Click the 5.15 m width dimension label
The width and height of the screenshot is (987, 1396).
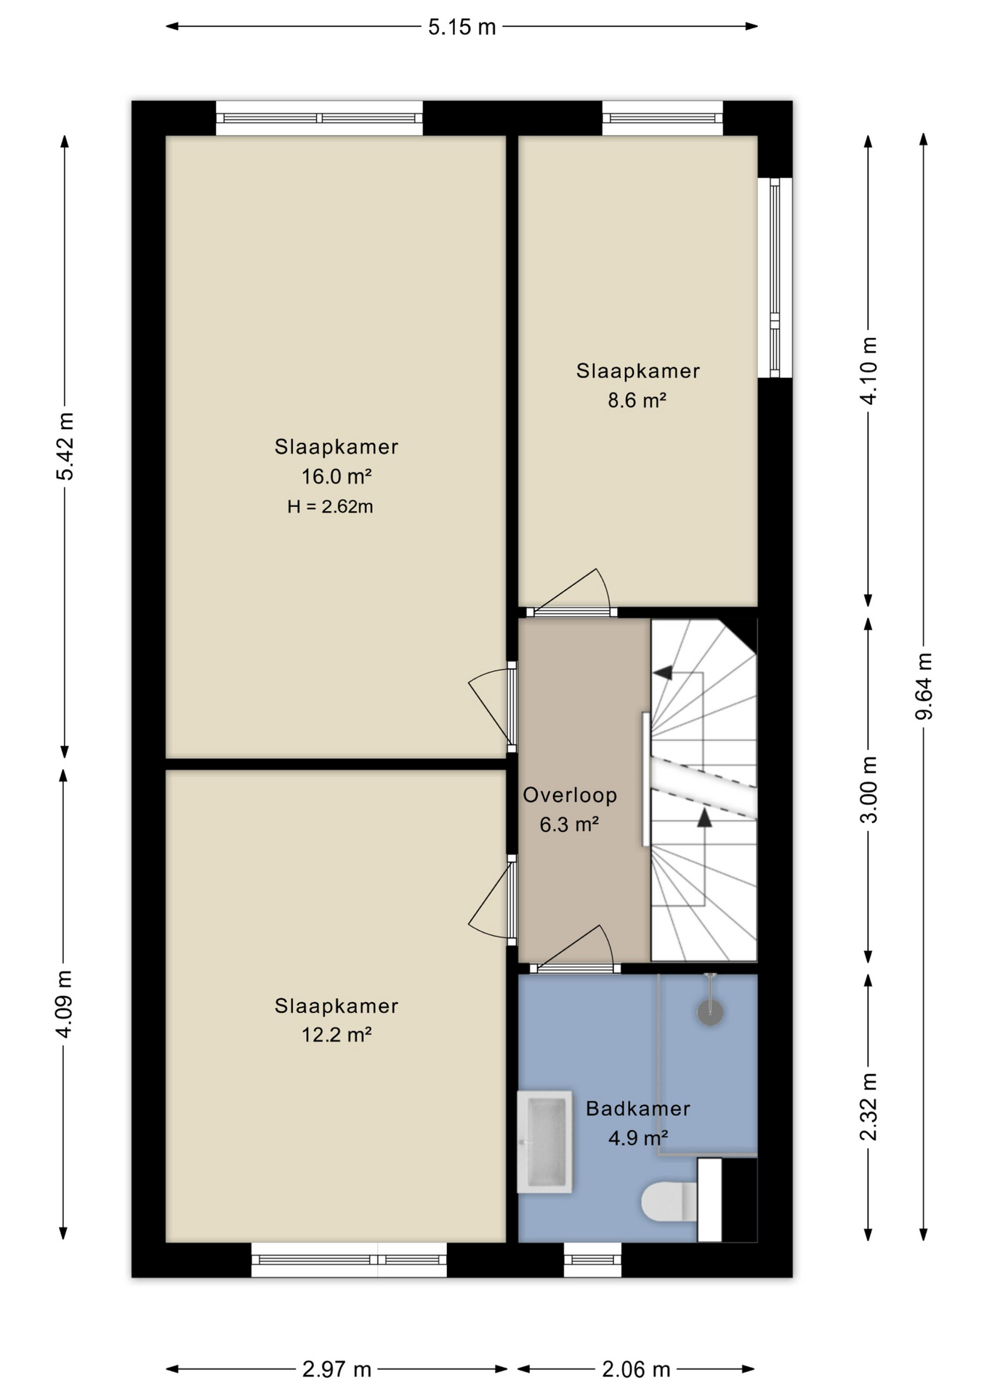coord(462,27)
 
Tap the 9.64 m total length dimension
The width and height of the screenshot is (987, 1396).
coord(924,686)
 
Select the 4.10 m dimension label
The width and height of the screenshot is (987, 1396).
coord(869,369)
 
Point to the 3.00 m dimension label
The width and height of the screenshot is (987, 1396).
coord(869,790)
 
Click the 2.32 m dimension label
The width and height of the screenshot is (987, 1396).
coord(869,1107)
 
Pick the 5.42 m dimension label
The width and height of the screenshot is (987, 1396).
coord(65,446)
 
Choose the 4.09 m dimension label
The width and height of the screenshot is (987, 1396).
coord(65,1004)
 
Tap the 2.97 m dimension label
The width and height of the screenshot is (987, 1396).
coord(337,1370)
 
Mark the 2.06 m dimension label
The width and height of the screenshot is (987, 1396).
coord(636,1370)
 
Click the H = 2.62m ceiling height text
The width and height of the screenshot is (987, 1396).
coord(330,507)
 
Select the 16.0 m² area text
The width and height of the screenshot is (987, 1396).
coord(337,477)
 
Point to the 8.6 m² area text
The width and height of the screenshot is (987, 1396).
coord(637,401)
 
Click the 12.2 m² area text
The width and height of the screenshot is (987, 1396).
coord(337,1035)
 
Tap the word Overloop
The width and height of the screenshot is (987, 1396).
coord(570,795)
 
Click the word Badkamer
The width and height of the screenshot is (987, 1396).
coord(637,1109)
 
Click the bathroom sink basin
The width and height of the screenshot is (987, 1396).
coord(544,1142)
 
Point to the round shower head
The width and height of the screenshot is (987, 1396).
coord(710,1011)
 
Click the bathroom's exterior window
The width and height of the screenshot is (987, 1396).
coord(592,1259)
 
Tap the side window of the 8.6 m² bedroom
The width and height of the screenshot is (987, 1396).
coord(775,278)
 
